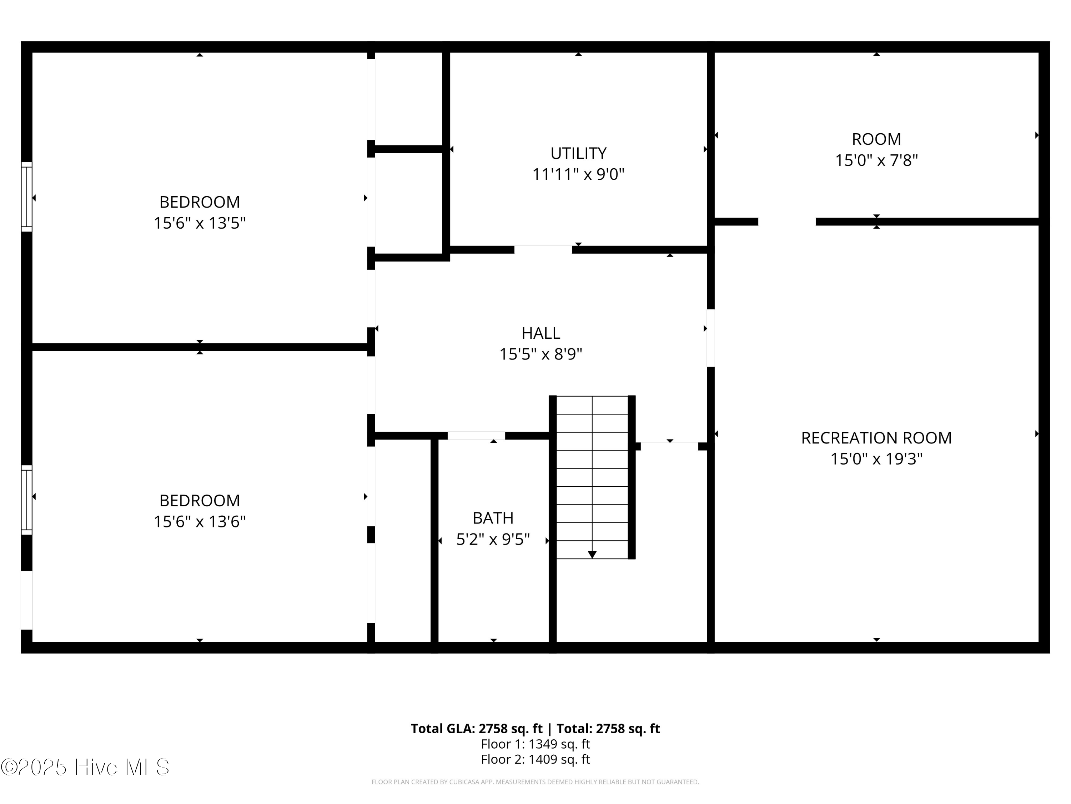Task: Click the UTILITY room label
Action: coord(578,153)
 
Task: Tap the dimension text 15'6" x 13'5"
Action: coord(200,223)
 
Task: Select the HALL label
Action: coord(540,333)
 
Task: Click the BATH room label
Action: coord(493,518)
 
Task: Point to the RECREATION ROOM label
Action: coord(876,438)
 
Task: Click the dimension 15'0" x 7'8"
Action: coord(876,160)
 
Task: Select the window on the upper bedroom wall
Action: coord(27,197)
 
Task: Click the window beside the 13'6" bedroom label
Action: coord(27,500)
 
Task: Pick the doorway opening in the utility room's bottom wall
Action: coord(543,249)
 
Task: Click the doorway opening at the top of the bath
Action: coord(476,436)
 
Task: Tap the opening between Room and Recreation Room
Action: coord(786,222)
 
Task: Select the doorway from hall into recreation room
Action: coord(710,338)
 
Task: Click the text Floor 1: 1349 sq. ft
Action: coord(535,744)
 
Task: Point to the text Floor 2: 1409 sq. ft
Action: coord(535,759)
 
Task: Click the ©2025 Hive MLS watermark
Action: coord(85,767)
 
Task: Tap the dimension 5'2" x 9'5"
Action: coord(493,539)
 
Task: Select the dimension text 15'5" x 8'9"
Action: coord(540,354)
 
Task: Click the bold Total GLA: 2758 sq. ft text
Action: coord(477,728)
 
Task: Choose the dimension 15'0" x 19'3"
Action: coord(876,458)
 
